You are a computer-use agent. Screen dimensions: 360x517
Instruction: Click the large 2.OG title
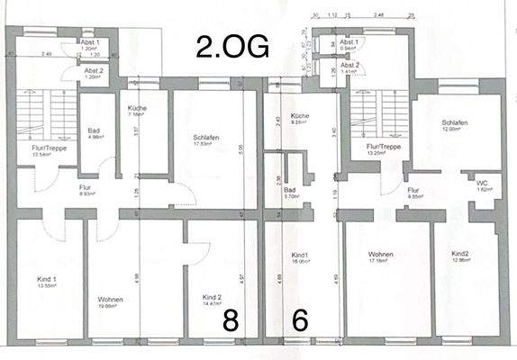[x=232, y=46]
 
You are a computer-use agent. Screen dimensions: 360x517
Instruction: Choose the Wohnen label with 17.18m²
[x=376, y=256]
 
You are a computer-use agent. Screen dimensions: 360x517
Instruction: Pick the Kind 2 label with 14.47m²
[x=213, y=297]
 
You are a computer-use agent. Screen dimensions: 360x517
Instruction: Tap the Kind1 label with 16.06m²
[x=299, y=256]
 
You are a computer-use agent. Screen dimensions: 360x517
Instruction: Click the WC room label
[x=483, y=184]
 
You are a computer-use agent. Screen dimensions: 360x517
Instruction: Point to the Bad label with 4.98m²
[x=94, y=131]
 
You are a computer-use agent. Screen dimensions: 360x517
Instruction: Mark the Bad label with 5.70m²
[x=289, y=192]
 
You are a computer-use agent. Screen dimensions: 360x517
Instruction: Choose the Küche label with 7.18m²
[x=137, y=110]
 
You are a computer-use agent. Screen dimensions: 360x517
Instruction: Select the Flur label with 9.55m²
[x=413, y=191]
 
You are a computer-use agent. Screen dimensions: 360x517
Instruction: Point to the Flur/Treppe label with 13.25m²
[x=384, y=148]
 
